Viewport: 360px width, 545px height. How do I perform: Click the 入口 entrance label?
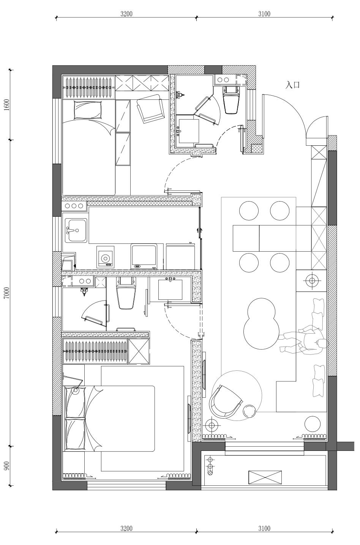tap(292, 85)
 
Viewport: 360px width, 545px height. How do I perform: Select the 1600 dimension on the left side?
tap(7, 105)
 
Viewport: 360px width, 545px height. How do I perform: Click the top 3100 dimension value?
tap(264, 14)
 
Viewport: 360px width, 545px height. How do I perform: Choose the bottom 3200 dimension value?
tap(126, 528)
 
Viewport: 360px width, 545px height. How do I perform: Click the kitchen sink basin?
tap(76, 230)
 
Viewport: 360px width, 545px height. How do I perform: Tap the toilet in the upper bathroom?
tap(230, 100)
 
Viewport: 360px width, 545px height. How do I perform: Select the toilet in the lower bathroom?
tap(126, 293)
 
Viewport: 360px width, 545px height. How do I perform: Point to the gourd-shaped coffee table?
tap(261, 323)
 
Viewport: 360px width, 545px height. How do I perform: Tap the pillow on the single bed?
tap(88, 110)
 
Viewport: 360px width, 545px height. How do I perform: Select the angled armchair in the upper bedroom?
tap(150, 109)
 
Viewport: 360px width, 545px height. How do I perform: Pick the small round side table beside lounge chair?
tap(250, 411)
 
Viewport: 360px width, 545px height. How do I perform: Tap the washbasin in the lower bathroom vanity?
tap(170, 290)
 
